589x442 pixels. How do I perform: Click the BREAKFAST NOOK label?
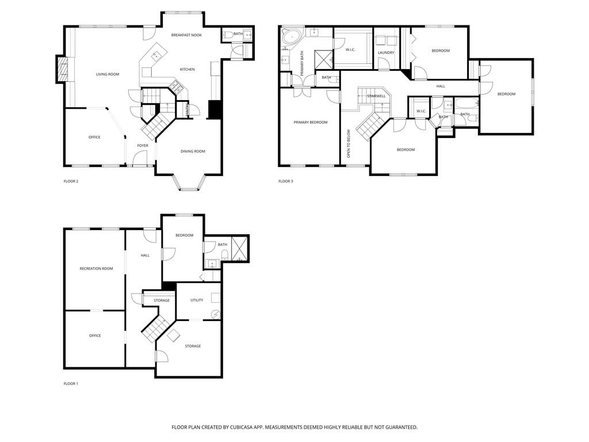(x=186, y=35)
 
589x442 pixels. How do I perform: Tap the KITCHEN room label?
(x=187, y=70)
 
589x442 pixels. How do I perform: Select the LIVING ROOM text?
(x=107, y=74)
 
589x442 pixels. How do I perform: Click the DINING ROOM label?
(x=193, y=151)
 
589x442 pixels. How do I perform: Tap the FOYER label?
(x=143, y=146)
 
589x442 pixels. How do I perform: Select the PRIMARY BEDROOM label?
(x=310, y=122)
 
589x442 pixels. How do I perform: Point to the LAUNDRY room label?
(x=386, y=53)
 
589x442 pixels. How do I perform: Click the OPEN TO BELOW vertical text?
(x=349, y=144)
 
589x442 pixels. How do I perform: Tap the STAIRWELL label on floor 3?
(x=376, y=96)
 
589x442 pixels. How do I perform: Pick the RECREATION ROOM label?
(x=96, y=269)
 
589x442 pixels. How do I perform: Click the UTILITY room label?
(x=197, y=300)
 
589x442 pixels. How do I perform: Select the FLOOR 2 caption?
(x=71, y=181)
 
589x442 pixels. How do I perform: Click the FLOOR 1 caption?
(x=71, y=383)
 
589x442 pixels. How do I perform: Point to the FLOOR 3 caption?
(x=286, y=181)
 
